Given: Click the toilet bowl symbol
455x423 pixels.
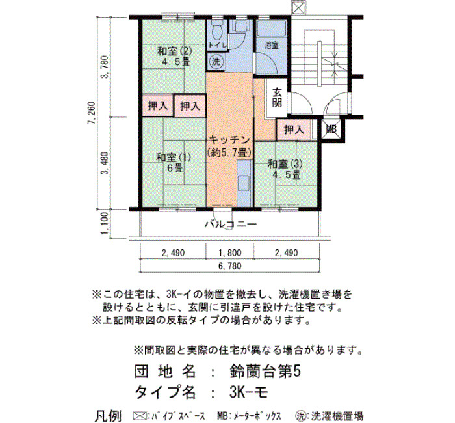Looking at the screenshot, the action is (x=216, y=31).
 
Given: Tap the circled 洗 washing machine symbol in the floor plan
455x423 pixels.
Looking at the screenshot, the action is (x=216, y=62).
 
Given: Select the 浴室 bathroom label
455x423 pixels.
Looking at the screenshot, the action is (x=272, y=45).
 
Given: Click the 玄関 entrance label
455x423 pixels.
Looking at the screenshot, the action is (x=277, y=98).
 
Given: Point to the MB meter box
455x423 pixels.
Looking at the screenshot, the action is (x=331, y=129).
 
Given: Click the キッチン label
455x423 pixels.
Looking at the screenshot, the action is (x=229, y=140).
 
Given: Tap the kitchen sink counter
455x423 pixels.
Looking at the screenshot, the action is (x=244, y=184).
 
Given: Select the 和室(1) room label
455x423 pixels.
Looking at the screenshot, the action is (x=174, y=157).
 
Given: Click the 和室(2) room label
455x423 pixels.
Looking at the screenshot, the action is (x=174, y=51).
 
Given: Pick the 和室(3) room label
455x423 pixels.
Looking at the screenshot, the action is (x=285, y=164).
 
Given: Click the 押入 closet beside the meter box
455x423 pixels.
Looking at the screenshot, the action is (x=294, y=130).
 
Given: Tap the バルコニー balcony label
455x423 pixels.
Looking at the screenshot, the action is (x=231, y=225).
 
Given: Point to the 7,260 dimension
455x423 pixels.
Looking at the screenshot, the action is (x=92, y=113).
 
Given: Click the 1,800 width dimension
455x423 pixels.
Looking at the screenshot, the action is (x=230, y=253).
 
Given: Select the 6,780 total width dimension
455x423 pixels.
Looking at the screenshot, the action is (x=230, y=266).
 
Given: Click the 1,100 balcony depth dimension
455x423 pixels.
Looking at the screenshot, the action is (x=105, y=224).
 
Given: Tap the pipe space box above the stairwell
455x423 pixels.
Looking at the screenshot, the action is (x=298, y=8).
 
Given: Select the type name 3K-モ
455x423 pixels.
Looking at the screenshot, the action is (x=248, y=393).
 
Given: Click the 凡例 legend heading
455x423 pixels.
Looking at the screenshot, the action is (x=109, y=416).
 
